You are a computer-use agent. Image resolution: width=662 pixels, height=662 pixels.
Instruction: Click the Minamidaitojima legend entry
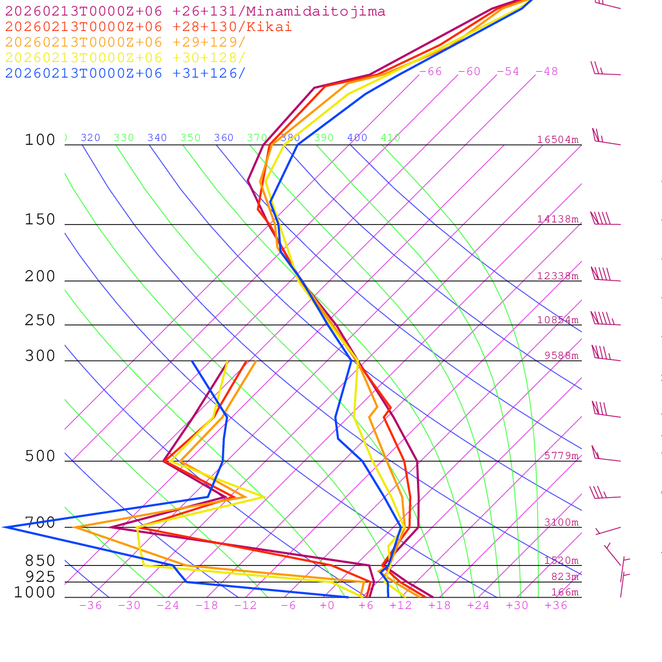point(195,12)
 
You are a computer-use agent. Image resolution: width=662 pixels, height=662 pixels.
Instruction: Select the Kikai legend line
point(149,27)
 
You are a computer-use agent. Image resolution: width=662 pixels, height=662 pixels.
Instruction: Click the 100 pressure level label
point(40,140)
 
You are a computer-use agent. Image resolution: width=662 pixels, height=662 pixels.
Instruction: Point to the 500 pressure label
point(40,457)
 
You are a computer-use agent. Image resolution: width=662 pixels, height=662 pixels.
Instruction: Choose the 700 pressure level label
point(40,523)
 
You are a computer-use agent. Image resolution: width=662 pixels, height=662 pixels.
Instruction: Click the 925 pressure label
point(40,577)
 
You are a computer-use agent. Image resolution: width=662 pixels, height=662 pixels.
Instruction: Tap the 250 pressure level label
point(40,321)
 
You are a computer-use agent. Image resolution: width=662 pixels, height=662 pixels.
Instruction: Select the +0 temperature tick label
point(327,606)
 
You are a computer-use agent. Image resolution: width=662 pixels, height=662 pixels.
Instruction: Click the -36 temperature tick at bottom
point(91,606)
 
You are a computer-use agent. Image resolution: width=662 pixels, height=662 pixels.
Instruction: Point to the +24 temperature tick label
point(478,606)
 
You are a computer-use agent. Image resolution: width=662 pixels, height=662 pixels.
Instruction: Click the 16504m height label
point(557,140)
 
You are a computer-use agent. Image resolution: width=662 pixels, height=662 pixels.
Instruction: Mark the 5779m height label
point(561,456)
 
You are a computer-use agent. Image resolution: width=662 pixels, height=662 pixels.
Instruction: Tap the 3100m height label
point(561,522)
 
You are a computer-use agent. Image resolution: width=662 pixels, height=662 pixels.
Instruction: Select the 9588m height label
point(561,356)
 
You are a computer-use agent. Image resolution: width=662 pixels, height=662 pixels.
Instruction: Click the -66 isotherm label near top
point(431,72)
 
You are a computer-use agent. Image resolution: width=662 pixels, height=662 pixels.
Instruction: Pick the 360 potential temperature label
point(224,138)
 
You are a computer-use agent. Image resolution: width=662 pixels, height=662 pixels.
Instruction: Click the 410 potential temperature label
point(390,138)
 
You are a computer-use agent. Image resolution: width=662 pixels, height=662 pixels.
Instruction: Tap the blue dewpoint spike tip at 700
point(5,527)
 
